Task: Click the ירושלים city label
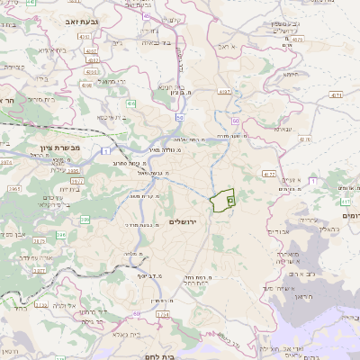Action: [x=183, y=221]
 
